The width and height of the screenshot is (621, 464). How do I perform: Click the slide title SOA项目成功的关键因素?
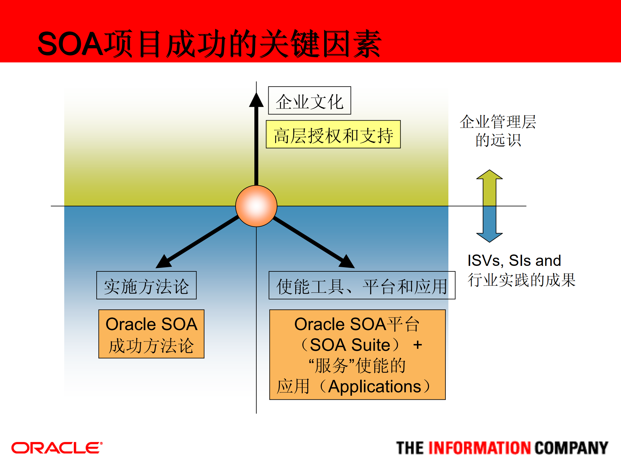pyautogui.click(x=209, y=44)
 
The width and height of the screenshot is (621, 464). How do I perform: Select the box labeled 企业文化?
pyautogui.click(x=309, y=101)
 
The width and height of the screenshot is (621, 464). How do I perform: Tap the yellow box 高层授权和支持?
pyautogui.click(x=333, y=135)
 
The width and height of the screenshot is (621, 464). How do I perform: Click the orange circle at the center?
pyautogui.click(x=256, y=206)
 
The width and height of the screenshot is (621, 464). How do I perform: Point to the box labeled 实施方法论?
pyautogui.click(x=146, y=285)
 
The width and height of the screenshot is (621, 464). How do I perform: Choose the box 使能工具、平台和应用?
pyautogui.click(x=361, y=285)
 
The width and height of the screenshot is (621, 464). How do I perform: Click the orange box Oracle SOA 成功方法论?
pyautogui.click(x=151, y=334)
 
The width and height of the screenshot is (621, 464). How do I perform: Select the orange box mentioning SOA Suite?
pyautogui.click(x=357, y=354)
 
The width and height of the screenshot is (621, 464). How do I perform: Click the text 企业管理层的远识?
pyautogui.click(x=498, y=131)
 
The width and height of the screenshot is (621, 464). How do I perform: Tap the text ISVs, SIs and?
pyautogui.click(x=514, y=260)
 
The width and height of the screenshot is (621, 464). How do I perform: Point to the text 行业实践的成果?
pyautogui.click(x=521, y=280)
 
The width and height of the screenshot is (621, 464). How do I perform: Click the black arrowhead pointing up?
pyautogui.click(x=256, y=100)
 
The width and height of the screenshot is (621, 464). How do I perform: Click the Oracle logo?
pyautogui.click(x=57, y=448)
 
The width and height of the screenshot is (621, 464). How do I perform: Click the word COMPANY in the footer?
pyautogui.click(x=571, y=448)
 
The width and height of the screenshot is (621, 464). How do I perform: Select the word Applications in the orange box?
pyautogui.click(x=374, y=387)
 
